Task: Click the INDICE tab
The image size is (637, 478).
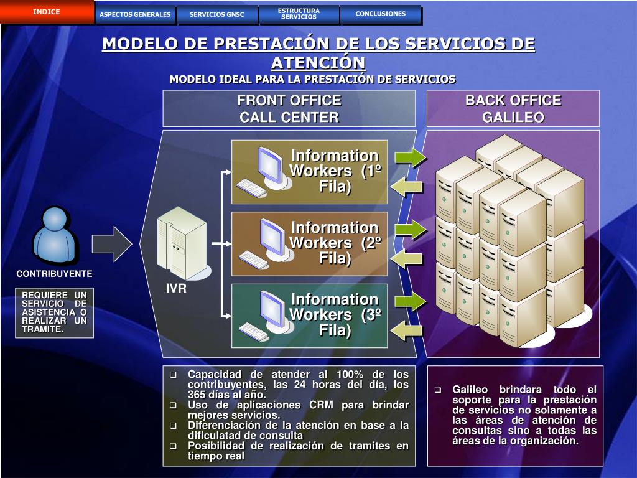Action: coord(47,12)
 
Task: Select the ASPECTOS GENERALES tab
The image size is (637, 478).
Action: coord(135,14)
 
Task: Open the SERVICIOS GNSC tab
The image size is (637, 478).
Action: coord(217,14)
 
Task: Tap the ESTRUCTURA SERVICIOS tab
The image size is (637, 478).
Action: coord(299,14)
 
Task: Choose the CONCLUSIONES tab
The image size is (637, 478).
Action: coord(381,14)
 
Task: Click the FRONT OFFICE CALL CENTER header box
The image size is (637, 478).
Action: coord(289,109)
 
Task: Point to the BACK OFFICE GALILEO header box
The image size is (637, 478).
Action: coord(513,109)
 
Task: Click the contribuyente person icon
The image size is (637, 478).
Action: coord(55,237)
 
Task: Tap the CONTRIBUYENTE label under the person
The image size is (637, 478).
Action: coord(54,274)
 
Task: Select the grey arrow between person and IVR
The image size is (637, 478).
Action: coord(111,243)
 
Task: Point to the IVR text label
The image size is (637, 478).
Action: coord(176,289)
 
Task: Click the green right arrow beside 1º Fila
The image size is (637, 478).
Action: coord(409,157)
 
